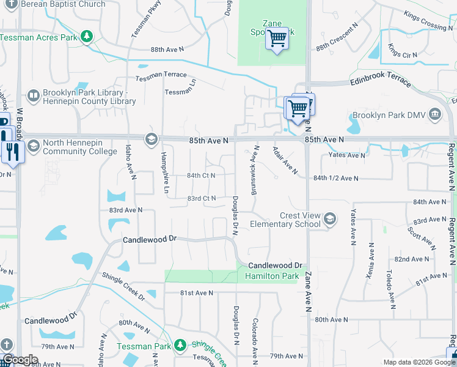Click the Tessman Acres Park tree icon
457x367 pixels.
(87, 37)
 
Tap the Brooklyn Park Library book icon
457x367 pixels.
(34, 95)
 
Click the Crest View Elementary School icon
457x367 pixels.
(330, 219)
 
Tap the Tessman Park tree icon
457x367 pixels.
(180, 346)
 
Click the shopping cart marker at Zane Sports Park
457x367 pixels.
(277, 39)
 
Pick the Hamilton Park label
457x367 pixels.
(272, 276)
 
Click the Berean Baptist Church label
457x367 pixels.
(63, 4)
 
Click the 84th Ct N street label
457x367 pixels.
(201, 176)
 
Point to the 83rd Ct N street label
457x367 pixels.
(202, 198)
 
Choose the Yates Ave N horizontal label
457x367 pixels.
(346, 155)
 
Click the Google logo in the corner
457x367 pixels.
(20, 360)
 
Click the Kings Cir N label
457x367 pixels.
(403, 54)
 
